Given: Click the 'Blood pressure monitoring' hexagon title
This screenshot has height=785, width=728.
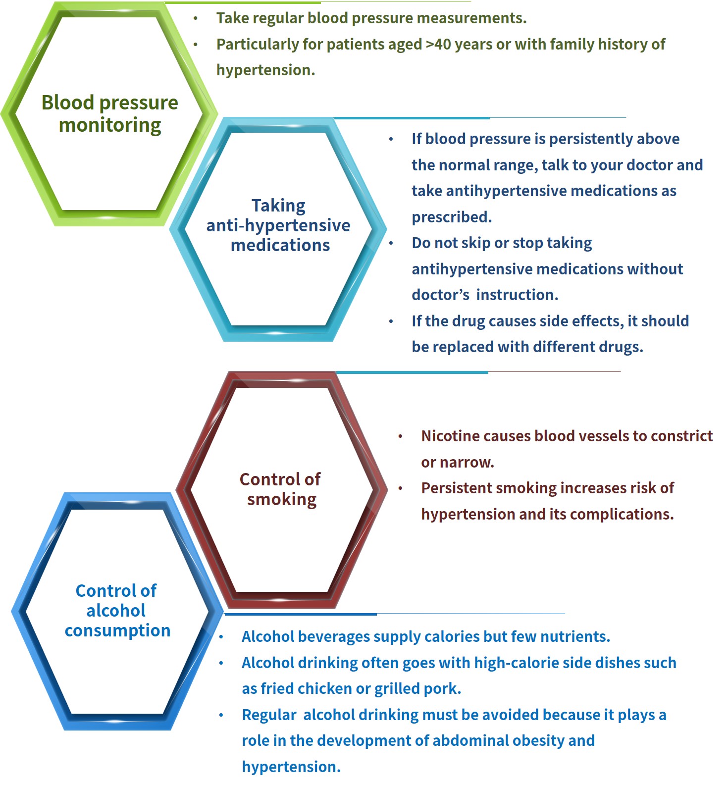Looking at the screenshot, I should pyautogui.click(x=109, y=113).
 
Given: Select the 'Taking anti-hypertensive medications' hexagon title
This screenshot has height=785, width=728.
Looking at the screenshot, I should pyautogui.click(x=278, y=225).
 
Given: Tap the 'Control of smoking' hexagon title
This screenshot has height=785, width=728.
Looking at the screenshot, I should pyautogui.click(x=280, y=489).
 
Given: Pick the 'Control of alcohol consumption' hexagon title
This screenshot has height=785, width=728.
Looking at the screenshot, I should pyautogui.click(x=117, y=610).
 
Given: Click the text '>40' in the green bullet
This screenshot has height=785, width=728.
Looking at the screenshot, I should pyautogui.click(x=438, y=44).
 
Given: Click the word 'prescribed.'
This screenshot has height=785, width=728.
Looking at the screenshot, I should pyautogui.click(x=452, y=217).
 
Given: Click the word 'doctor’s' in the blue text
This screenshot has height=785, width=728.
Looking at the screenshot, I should pyautogui.click(x=440, y=295).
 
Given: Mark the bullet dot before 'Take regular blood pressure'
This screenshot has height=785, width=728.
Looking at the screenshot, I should pyautogui.click(x=196, y=19).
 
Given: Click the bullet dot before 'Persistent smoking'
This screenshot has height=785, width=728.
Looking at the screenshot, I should pyautogui.click(x=401, y=489).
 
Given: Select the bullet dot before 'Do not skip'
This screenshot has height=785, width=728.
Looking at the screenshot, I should pyautogui.click(x=391, y=243).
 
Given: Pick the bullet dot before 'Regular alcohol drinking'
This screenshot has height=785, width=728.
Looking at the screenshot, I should pyautogui.click(x=221, y=715).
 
